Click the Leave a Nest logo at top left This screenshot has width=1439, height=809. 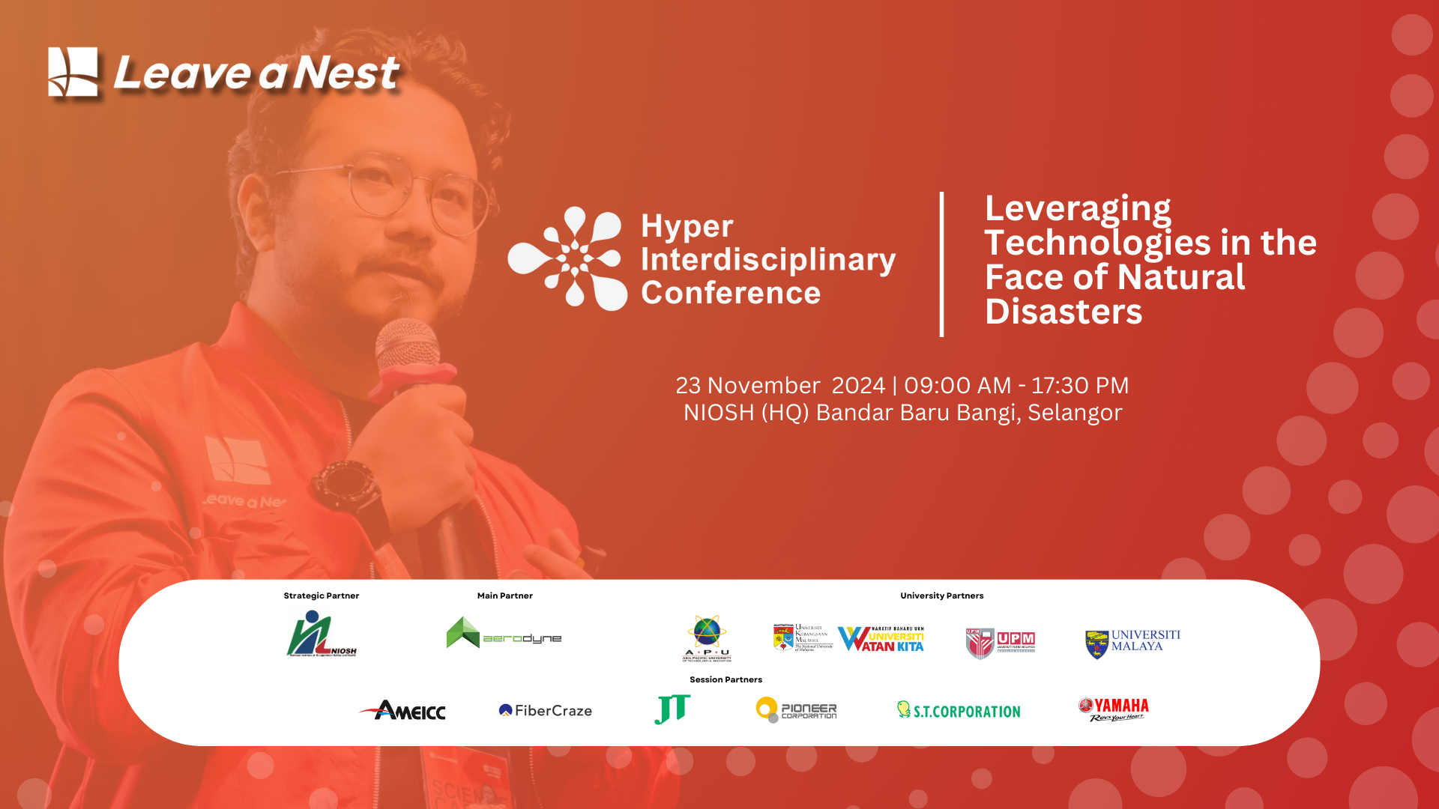point(223,73)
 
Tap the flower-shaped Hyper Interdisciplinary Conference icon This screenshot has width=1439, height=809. point(567,258)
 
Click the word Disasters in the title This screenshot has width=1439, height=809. point(1063,312)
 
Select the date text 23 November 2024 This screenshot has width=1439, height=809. point(779,385)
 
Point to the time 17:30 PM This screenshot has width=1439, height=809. point(1079,385)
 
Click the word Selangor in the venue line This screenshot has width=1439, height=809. point(1074,413)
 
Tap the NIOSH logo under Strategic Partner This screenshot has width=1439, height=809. point(322,634)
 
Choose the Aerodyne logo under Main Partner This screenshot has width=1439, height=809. point(504,634)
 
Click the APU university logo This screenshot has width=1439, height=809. point(706,638)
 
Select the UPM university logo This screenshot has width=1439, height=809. point(1000,643)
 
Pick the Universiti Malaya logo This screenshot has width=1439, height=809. point(1132,643)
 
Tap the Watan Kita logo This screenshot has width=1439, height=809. point(881,639)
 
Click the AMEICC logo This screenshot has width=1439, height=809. point(402,710)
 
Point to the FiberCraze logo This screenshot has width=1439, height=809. point(545,710)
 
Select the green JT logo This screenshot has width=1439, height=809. point(672,709)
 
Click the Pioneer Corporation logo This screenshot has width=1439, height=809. point(796,709)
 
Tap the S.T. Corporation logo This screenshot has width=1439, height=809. point(959,711)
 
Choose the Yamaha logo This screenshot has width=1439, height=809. point(1114,709)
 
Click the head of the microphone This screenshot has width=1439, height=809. point(408,348)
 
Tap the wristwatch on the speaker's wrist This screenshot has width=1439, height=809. point(347,485)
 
